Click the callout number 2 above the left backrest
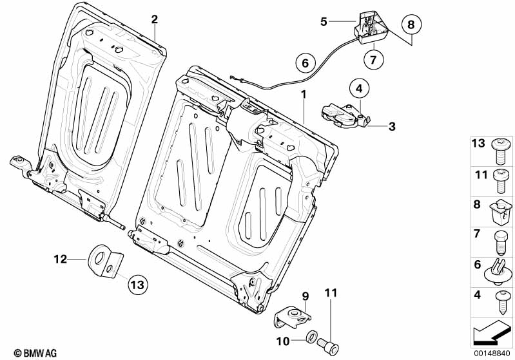(x=154, y=19)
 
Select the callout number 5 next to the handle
(x=324, y=21)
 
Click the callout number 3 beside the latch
(x=391, y=126)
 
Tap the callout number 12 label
(x=60, y=260)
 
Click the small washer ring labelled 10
(x=311, y=336)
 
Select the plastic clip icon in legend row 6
(x=499, y=270)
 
